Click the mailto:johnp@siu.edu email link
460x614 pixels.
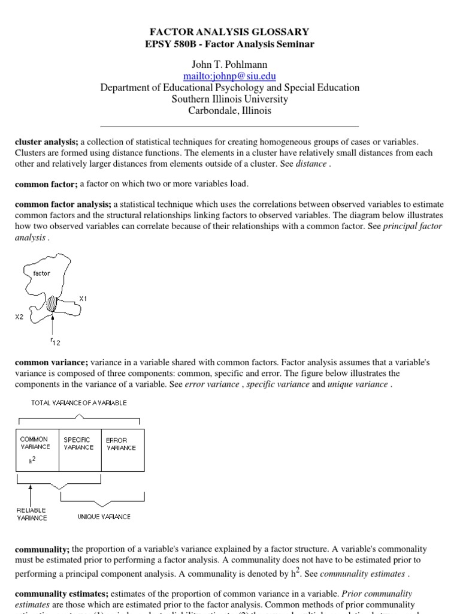pyautogui.click(x=230, y=76)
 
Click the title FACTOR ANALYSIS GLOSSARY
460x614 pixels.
pyautogui.click(x=230, y=32)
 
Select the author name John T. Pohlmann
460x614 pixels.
pyautogui.click(x=230, y=64)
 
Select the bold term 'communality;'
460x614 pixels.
pyautogui.click(x=42, y=549)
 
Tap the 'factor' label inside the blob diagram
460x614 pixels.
pyautogui.click(x=42, y=273)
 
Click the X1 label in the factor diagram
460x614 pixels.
pyautogui.click(x=83, y=297)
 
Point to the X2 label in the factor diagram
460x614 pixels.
pyautogui.click(x=20, y=317)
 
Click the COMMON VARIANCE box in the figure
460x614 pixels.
pyautogui.click(x=36, y=450)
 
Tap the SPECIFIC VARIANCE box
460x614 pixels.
pyautogui.click(x=80, y=450)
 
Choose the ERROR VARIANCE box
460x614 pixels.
pyautogui.click(x=122, y=450)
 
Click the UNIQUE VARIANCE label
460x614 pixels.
pyautogui.click(x=104, y=516)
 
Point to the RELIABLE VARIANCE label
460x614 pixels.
pyautogui.click(x=31, y=514)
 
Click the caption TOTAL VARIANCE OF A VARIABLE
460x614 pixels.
pyautogui.click(x=79, y=403)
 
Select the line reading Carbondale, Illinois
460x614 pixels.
pyautogui.click(x=230, y=110)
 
